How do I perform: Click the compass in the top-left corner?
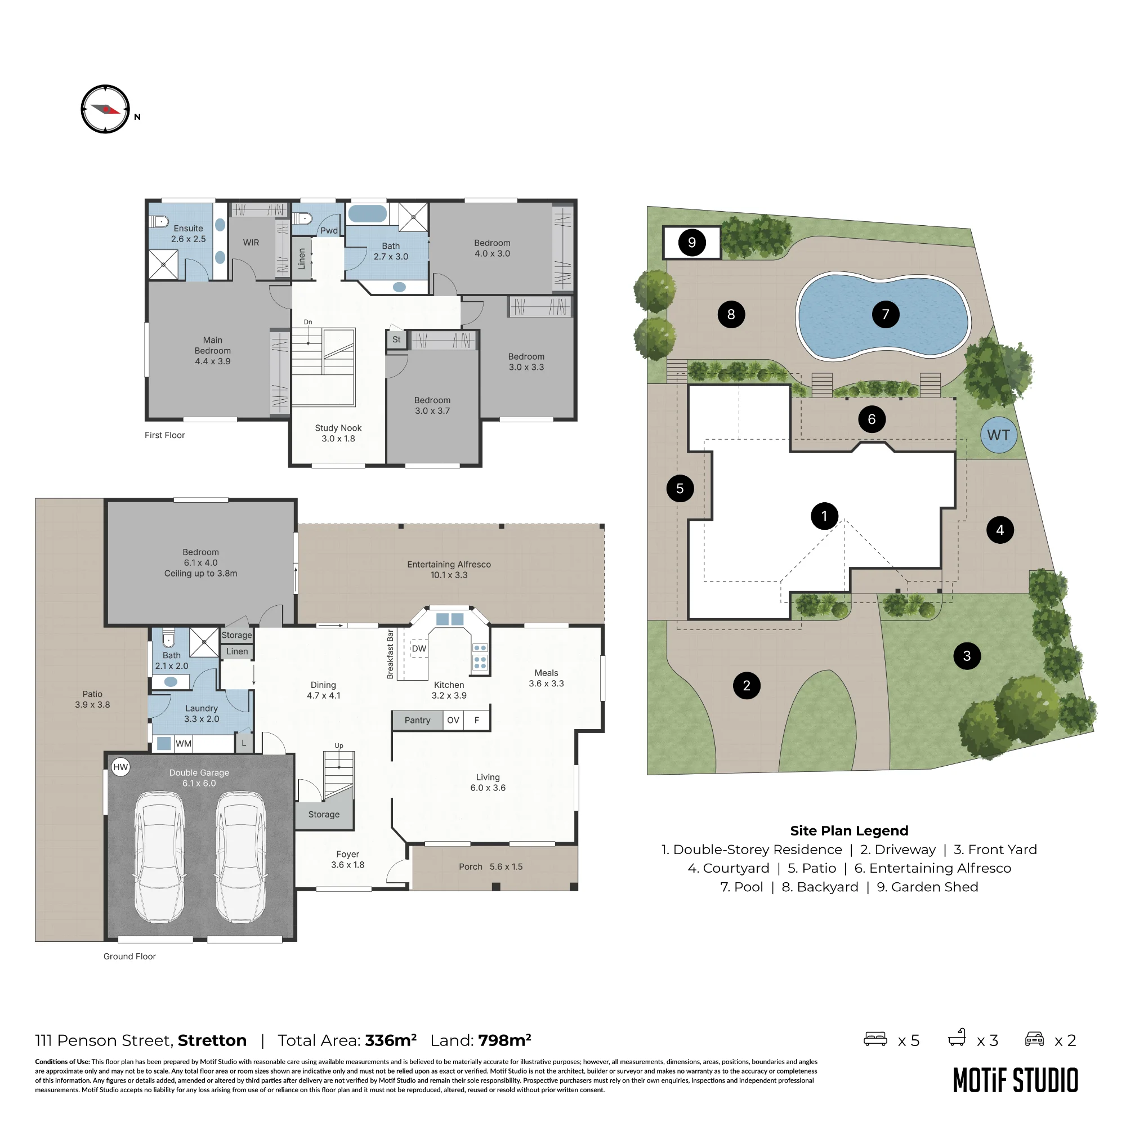point(105,109)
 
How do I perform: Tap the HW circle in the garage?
point(120,767)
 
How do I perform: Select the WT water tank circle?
point(998,435)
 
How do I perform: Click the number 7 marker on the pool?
point(885,314)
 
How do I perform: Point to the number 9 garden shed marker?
point(692,243)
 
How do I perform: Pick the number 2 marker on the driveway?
point(747,685)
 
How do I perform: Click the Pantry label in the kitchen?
point(417,721)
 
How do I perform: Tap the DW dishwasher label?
point(419,649)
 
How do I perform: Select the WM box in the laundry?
point(184,744)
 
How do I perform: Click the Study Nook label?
point(338,428)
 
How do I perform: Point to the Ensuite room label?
point(188,229)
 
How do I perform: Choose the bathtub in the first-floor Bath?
point(367,213)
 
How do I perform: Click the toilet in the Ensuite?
point(159,221)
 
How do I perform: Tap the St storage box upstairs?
point(396,339)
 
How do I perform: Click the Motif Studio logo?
point(1015,1080)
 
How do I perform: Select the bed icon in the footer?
point(875,1039)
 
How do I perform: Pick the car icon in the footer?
point(1034,1039)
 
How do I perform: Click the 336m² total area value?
point(391,1040)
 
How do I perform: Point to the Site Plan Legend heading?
point(849,830)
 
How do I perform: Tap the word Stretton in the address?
point(212,1040)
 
